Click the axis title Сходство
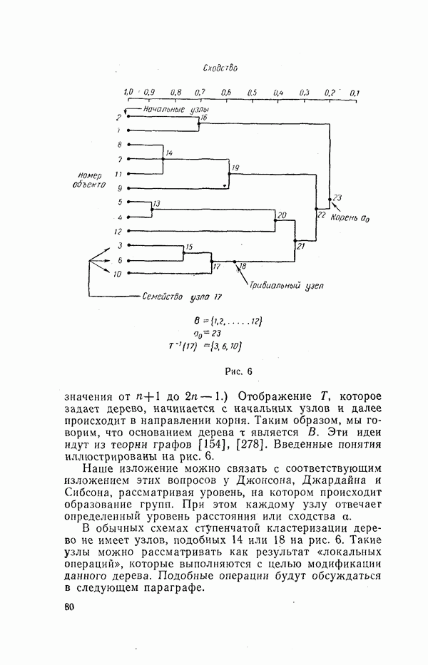220,69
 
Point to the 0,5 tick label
252,93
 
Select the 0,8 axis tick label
176,93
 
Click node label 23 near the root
337,197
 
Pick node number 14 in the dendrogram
169,153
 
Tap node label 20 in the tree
281,215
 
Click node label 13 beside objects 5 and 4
156,204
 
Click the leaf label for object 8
120,145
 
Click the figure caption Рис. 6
240,371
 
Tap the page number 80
69,607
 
